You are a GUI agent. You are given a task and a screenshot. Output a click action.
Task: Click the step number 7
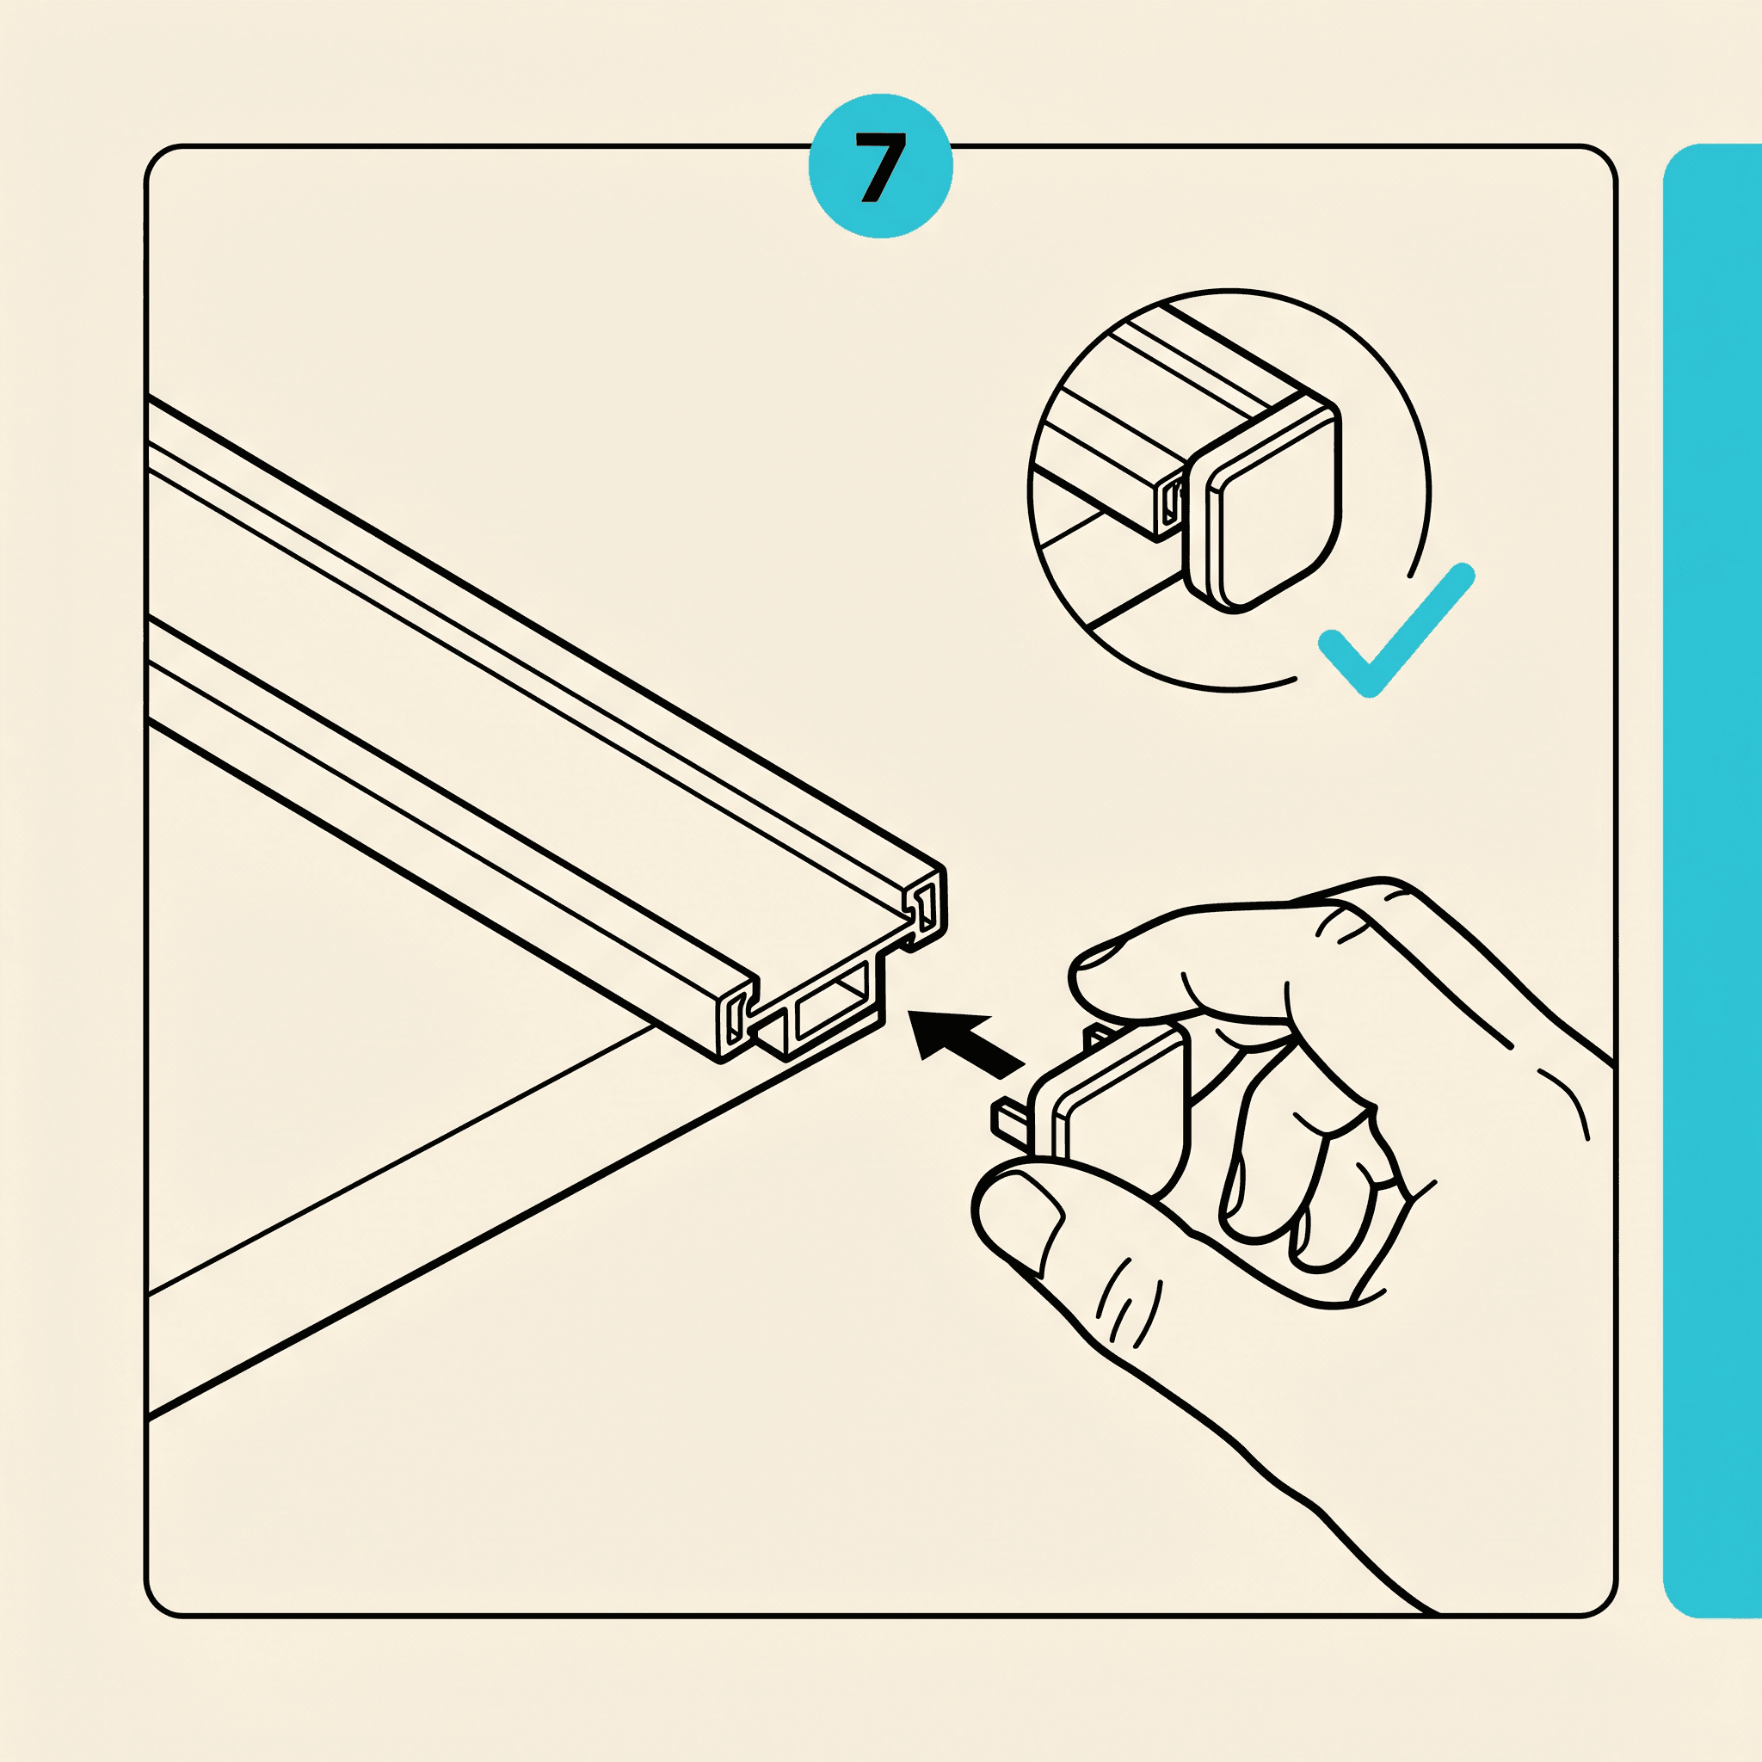(x=880, y=167)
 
